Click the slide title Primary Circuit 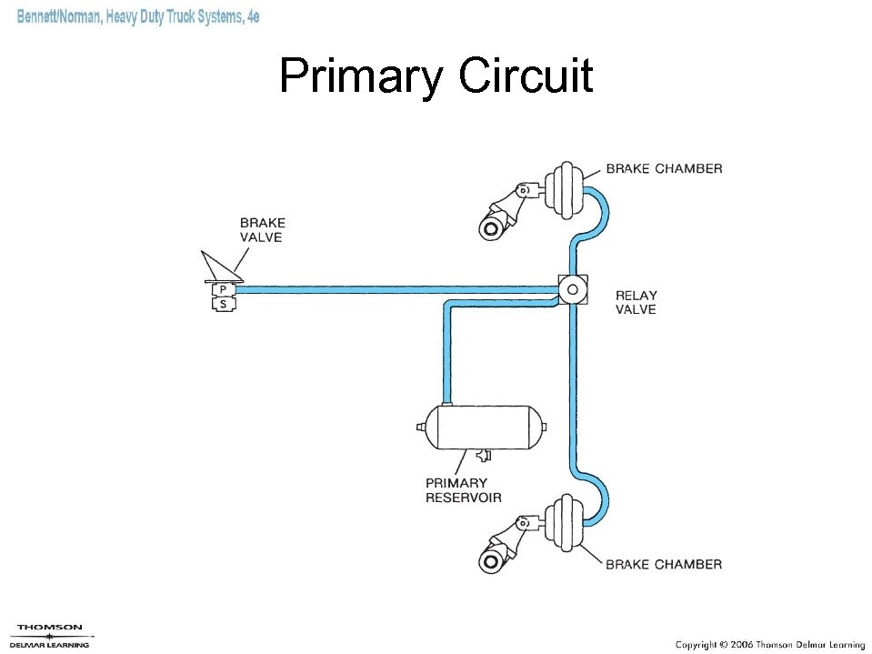436,76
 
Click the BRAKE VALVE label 262,229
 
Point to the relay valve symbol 573,290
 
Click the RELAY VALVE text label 636,302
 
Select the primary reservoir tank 482,427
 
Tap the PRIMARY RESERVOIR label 463,490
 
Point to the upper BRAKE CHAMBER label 664,168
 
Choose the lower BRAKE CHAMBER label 664,564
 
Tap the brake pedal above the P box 221,267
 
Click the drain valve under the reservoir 481,454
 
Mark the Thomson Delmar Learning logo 51,635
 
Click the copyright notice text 769,644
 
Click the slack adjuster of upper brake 503,212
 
